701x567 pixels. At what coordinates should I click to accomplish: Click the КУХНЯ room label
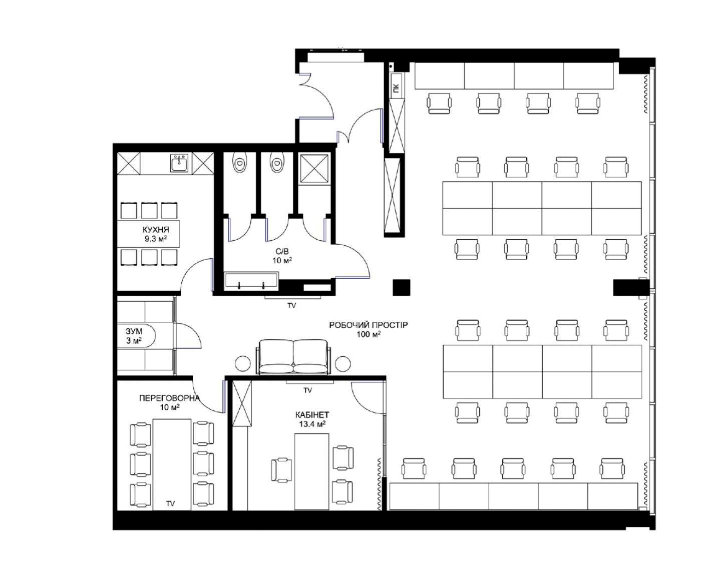click(x=156, y=229)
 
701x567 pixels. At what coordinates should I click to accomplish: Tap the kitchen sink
click(x=179, y=164)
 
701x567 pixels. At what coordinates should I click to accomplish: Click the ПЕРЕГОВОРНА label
click(x=169, y=398)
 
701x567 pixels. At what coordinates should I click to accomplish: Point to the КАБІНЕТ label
click(x=312, y=415)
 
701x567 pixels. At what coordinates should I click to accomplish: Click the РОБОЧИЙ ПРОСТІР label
click(x=369, y=325)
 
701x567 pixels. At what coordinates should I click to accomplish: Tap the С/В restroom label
click(x=282, y=252)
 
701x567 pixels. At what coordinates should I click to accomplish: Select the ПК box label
click(x=396, y=88)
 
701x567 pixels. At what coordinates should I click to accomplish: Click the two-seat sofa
click(x=293, y=357)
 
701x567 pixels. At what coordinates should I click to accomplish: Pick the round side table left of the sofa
click(x=243, y=363)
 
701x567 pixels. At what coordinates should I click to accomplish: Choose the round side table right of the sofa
click(x=343, y=363)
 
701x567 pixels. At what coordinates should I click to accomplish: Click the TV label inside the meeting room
click(x=170, y=503)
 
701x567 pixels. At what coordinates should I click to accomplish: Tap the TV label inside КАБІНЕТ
click(x=307, y=390)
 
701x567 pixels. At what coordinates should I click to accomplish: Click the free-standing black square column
click(x=402, y=287)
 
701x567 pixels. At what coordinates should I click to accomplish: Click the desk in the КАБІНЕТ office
click(x=311, y=471)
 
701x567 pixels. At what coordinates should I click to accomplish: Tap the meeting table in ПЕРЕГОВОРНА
click(x=172, y=464)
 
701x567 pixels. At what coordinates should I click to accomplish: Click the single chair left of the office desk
click(x=281, y=469)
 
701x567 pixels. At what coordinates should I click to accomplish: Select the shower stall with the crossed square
click(x=314, y=168)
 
